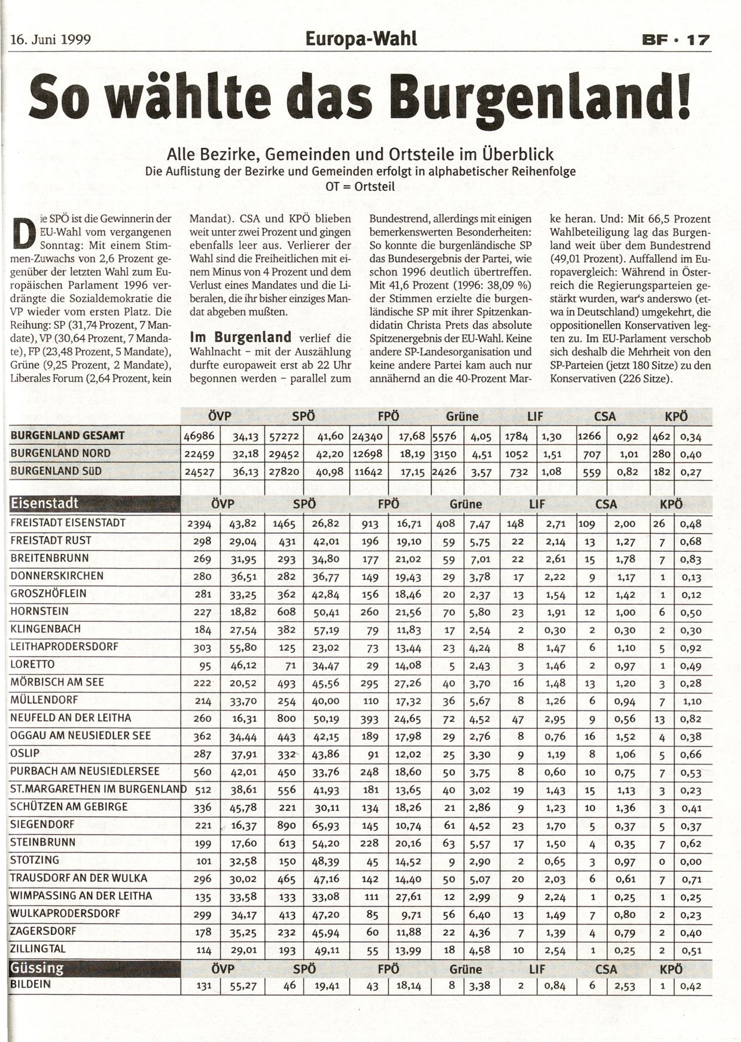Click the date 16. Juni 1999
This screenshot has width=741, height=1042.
(x=51, y=40)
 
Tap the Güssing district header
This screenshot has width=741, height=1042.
(x=37, y=969)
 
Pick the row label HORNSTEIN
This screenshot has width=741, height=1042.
(x=39, y=611)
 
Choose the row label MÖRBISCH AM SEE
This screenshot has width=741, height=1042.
(x=57, y=682)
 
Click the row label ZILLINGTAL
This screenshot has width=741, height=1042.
(x=38, y=949)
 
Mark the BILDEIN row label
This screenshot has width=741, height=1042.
(x=31, y=984)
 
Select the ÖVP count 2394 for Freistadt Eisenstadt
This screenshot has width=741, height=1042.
(x=199, y=524)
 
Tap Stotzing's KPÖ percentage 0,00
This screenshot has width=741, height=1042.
(x=691, y=861)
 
